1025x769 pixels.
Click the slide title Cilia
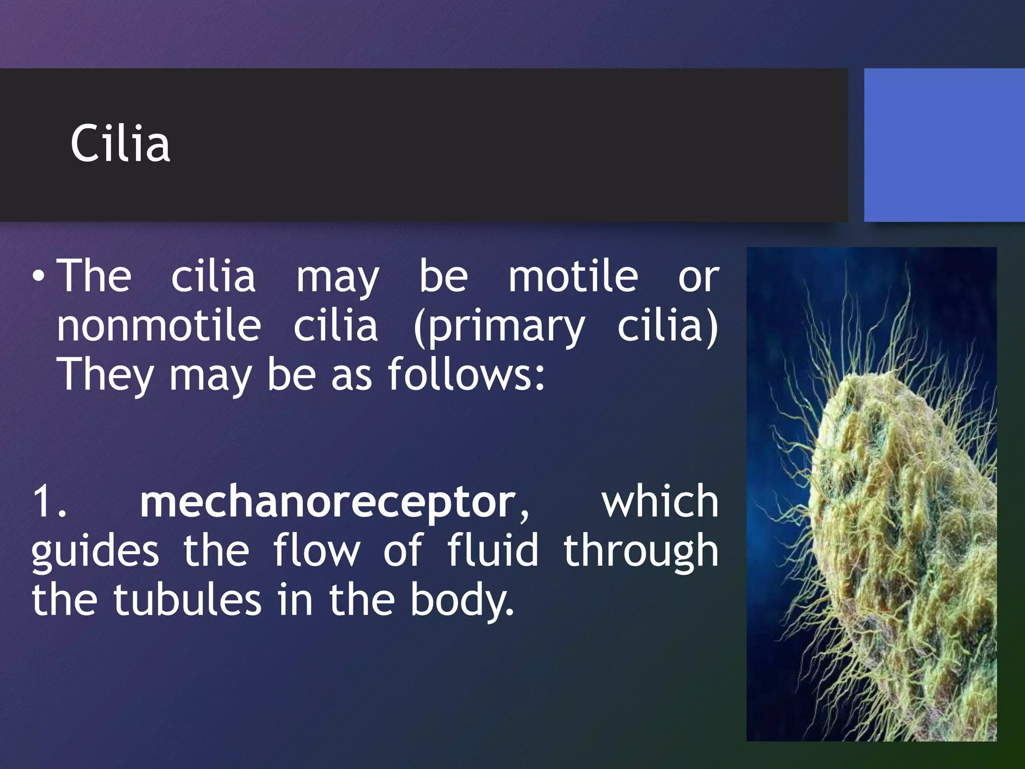coord(120,144)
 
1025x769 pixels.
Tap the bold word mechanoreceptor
coord(328,502)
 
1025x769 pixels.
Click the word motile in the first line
coord(573,276)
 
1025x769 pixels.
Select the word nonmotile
coord(159,326)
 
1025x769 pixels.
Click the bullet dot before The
coord(39,277)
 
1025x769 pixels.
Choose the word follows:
coord(466,374)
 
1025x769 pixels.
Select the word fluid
coord(493,550)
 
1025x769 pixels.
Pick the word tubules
coord(187,600)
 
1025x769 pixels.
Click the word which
coord(660,502)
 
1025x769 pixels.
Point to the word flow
coord(316,550)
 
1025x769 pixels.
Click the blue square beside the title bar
coord(944,145)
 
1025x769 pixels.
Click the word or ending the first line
coord(699,277)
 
